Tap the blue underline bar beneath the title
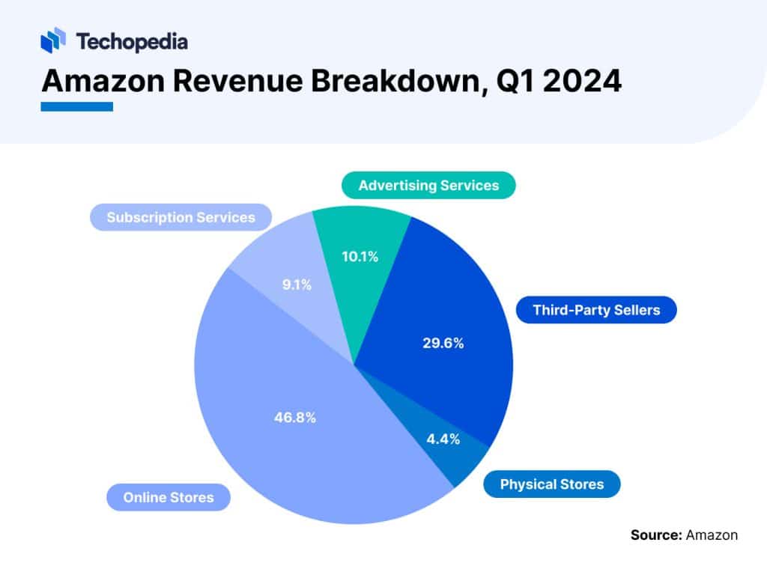[x=76, y=107]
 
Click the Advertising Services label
[x=428, y=185]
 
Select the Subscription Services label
[x=181, y=217]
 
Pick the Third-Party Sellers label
[x=596, y=309]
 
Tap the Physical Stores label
[x=551, y=484]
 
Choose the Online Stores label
[x=169, y=497]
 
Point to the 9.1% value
[x=296, y=284]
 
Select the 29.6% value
[x=443, y=344]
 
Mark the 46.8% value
[x=294, y=418]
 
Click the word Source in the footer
[x=655, y=535]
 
